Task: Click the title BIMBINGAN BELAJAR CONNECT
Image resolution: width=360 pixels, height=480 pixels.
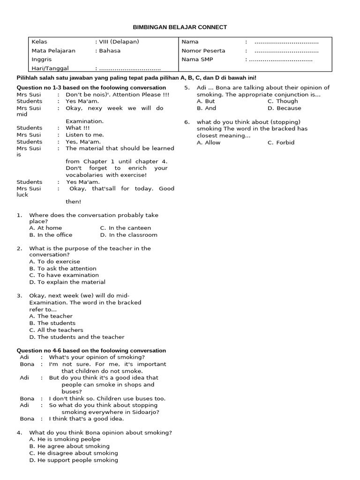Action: [180, 27]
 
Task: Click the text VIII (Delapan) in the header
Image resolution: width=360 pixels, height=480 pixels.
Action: [118, 42]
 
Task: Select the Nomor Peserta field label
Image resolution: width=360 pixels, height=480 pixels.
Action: [203, 51]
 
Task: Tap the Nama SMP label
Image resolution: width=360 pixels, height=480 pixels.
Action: [197, 60]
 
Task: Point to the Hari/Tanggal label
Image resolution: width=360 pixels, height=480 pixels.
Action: [50, 68]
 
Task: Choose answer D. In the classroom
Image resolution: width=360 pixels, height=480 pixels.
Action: [128, 235]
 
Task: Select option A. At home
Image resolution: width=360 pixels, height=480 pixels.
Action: [45, 228]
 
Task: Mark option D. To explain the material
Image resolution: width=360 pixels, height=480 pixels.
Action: [67, 282]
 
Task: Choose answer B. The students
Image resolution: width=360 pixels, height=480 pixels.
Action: [52, 323]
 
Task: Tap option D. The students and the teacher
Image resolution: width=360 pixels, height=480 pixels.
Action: [77, 337]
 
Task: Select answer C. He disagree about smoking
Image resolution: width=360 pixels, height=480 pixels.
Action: [74, 453]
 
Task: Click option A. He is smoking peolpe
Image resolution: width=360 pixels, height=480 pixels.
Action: [65, 439]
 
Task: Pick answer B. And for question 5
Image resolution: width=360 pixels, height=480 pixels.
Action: [207, 108]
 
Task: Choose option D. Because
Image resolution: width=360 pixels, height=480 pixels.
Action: [285, 108]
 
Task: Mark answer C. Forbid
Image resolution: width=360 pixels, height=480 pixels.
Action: [281, 142]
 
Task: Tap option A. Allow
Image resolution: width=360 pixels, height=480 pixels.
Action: [209, 142]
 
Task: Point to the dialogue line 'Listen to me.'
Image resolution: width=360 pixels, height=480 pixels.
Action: [85, 135]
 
